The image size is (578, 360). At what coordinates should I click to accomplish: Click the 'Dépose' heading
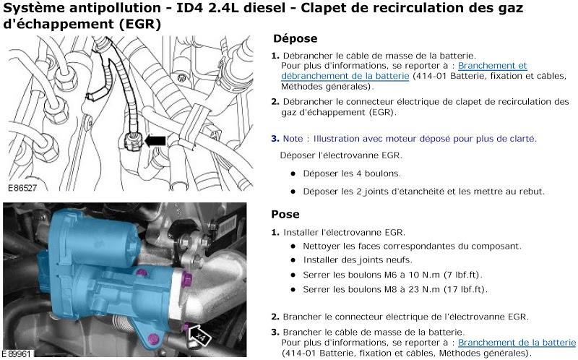click(296, 39)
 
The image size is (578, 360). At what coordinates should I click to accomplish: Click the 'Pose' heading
click(285, 214)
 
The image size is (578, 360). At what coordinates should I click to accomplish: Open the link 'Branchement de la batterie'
click(517, 343)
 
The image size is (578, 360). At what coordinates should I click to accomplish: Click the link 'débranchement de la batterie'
click(345, 76)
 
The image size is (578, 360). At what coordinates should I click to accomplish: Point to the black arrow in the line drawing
click(155, 140)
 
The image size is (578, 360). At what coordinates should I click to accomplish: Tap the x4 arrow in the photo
click(199, 335)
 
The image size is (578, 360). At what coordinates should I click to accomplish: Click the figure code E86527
click(22, 188)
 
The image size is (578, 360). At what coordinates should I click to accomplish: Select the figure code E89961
click(17, 354)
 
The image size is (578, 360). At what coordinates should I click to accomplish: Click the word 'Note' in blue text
click(293, 139)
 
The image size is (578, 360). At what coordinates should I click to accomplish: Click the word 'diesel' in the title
click(262, 8)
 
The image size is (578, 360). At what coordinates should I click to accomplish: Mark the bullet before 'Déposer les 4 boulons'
click(293, 173)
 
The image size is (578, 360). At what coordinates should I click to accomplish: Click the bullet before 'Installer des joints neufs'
click(293, 260)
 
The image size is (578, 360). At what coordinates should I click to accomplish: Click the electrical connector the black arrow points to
click(131, 142)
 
